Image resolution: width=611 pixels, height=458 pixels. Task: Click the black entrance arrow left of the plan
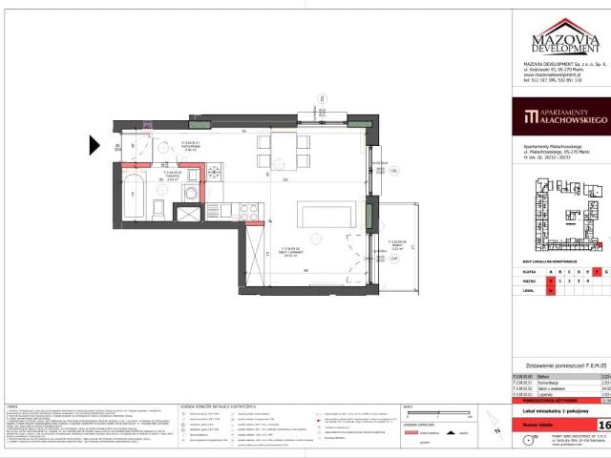95,145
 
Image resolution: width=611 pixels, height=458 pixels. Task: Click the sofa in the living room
327,213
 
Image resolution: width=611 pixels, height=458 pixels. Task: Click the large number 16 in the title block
603,424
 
